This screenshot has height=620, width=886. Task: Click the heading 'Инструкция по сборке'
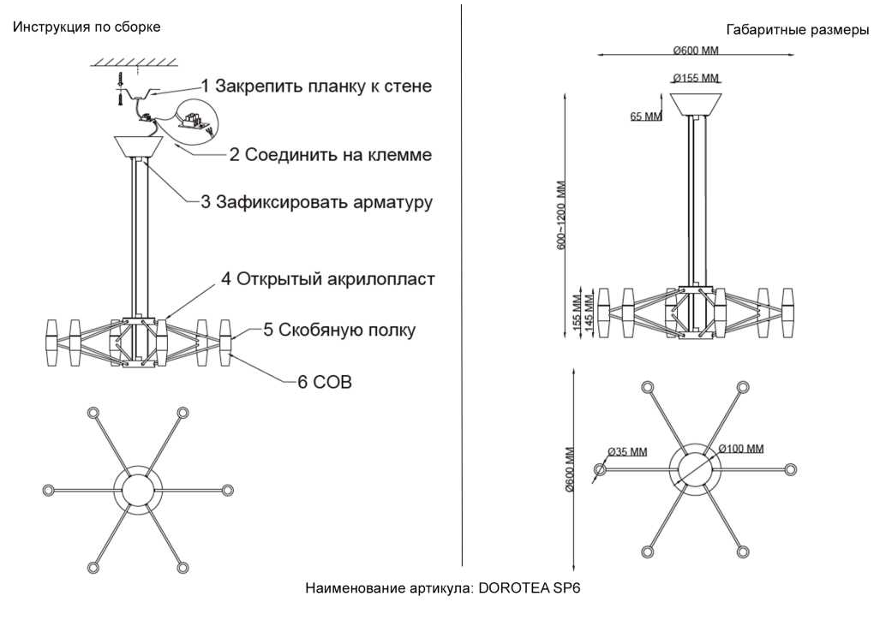(x=87, y=27)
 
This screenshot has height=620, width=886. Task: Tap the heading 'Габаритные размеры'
(x=797, y=30)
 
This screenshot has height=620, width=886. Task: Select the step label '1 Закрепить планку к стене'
(x=317, y=86)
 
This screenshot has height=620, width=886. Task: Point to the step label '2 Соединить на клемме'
(x=331, y=155)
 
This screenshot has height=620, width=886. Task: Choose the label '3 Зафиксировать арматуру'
(x=317, y=202)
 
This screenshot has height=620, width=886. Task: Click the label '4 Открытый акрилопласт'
(x=327, y=279)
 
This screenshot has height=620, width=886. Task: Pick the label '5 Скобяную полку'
(x=339, y=330)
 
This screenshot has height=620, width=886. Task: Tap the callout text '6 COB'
(x=325, y=382)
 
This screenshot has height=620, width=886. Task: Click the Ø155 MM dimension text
(x=696, y=79)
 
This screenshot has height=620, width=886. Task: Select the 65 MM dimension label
(x=646, y=116)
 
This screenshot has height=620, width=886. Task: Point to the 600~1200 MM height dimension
(x=561, y=215)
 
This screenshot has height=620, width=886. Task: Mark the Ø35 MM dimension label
(x=627, y=452)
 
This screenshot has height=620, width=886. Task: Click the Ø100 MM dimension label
(x=741, y=449)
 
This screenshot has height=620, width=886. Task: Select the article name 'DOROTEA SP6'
(x=530, y=588)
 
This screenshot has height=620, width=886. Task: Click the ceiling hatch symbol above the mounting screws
(x=134, y=61)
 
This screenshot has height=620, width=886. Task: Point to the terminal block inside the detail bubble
(x=193, y=121)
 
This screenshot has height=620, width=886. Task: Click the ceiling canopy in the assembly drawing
(x=139, y=146)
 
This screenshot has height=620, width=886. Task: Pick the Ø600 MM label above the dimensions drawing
(x=696, y=51)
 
